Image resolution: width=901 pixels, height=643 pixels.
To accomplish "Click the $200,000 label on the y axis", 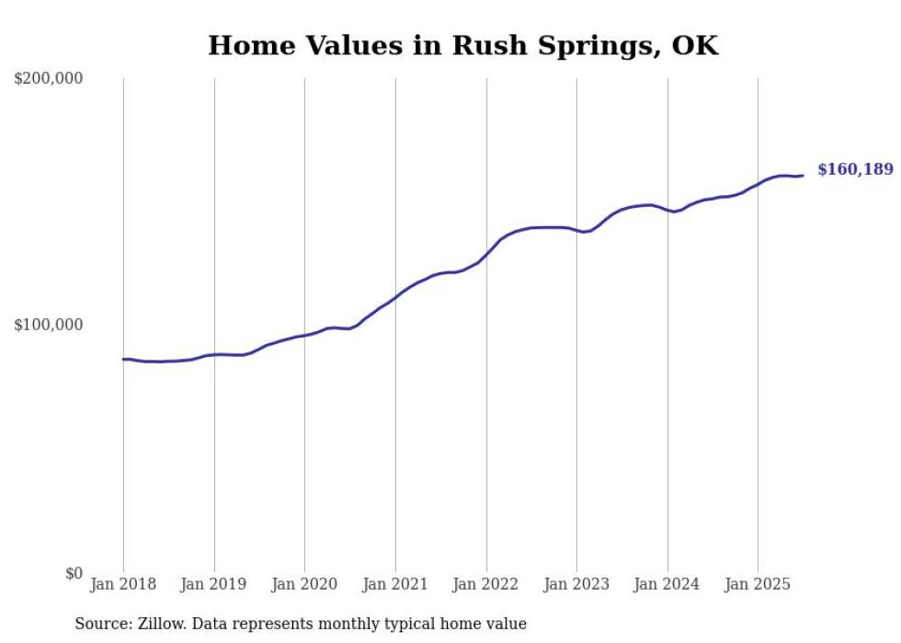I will point(48,79).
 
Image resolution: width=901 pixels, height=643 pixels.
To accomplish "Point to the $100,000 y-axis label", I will point(48,326).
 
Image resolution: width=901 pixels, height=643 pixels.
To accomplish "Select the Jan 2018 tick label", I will point(123,584).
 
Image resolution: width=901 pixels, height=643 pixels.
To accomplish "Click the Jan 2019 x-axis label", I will point(214,584).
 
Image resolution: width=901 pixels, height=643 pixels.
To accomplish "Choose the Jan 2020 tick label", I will point(304,584).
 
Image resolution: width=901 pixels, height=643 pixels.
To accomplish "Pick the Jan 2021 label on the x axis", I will point(395,584).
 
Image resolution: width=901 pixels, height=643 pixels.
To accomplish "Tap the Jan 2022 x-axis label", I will point(485,584).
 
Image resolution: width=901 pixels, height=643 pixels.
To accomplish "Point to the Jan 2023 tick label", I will point(576,584).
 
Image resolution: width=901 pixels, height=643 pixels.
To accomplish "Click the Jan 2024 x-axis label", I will point(667,584).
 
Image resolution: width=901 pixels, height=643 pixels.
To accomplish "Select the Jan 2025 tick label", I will point(758,584).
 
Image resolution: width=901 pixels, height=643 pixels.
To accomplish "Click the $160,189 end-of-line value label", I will point(854,169).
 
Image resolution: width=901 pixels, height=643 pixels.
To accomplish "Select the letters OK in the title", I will point(696,46).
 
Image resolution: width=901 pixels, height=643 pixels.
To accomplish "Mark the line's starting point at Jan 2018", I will point(123,359).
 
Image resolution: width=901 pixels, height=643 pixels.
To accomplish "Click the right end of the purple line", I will point(803,176).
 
